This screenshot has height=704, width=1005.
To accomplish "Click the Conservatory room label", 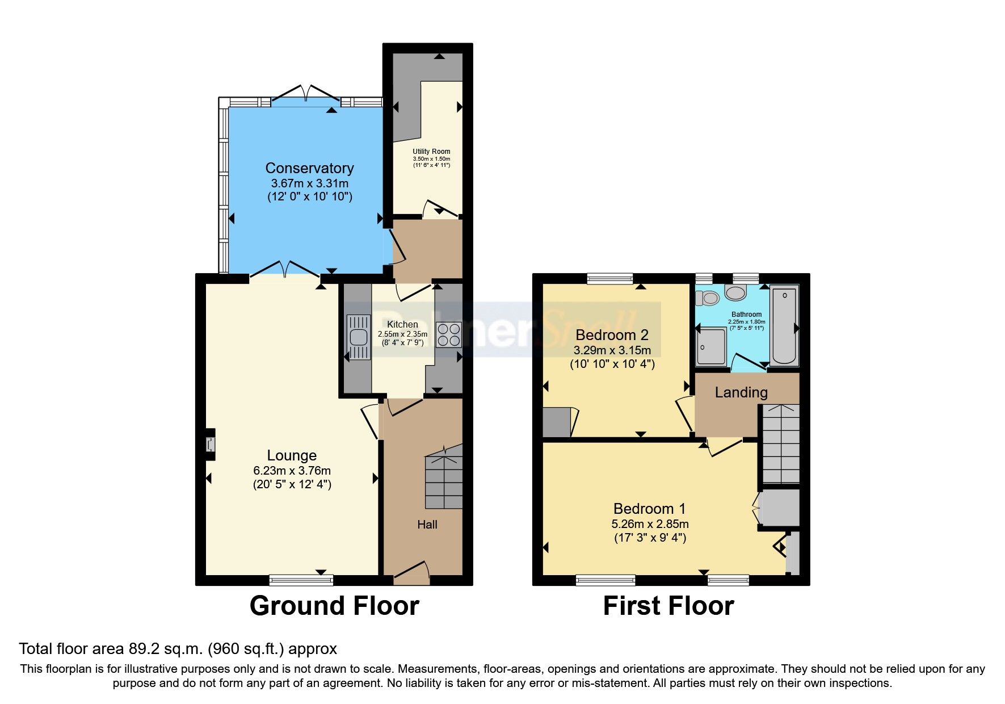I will point(309,168).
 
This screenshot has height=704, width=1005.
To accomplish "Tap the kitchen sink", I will point(359,337).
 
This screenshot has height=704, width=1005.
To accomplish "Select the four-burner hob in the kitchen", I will point(448,334).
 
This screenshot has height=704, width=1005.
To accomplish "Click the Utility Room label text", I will point(431,152).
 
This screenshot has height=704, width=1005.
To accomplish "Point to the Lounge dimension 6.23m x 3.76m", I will point(292,471).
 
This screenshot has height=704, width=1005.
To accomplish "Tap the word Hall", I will point(427,525).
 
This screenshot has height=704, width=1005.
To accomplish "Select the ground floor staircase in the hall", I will point(444,480).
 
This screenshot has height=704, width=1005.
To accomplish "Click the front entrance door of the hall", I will point(411,573).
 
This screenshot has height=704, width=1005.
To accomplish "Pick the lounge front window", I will point(301,580).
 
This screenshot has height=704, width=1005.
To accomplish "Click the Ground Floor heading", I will point(334,606).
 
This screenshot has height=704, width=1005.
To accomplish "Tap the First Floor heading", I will point(668,606).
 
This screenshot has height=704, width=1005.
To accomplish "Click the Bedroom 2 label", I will point(612,335).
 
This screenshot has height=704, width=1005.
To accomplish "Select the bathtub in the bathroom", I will point(785,325).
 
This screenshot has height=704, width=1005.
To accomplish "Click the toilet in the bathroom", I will point(708,297).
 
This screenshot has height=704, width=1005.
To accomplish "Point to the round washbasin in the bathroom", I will point(735,294).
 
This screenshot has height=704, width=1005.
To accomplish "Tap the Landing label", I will point(741,392).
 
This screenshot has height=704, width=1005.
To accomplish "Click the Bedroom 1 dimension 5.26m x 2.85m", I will point(650,524).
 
